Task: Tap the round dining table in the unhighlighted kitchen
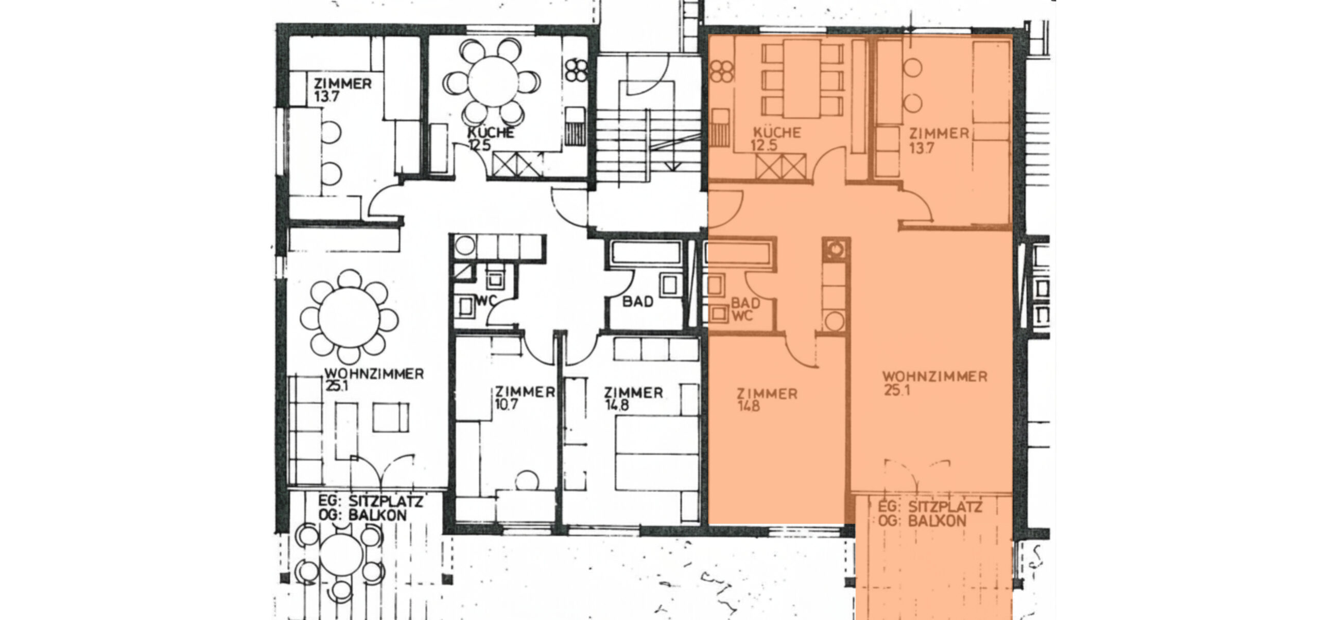pyautogui.click(x=493, y=81)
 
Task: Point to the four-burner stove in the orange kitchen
pyautogui.click(x=721, y=71)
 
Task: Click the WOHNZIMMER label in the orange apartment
pyautogui.click(x=934, y=377)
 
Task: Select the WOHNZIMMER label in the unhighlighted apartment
pyautogui.click(x=374, y=374)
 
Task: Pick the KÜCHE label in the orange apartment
pyautogui.click(x=776, y=133)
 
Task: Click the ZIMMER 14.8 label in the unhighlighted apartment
pyautogui.click(x=633, y=399)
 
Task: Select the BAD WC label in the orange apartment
pyautogui.click(x=745, y=309)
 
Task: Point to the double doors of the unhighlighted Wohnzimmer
pyautogui.click(x=379, y=469)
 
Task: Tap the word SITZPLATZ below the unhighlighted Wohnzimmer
pyautogui.click(x=385, y=501)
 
